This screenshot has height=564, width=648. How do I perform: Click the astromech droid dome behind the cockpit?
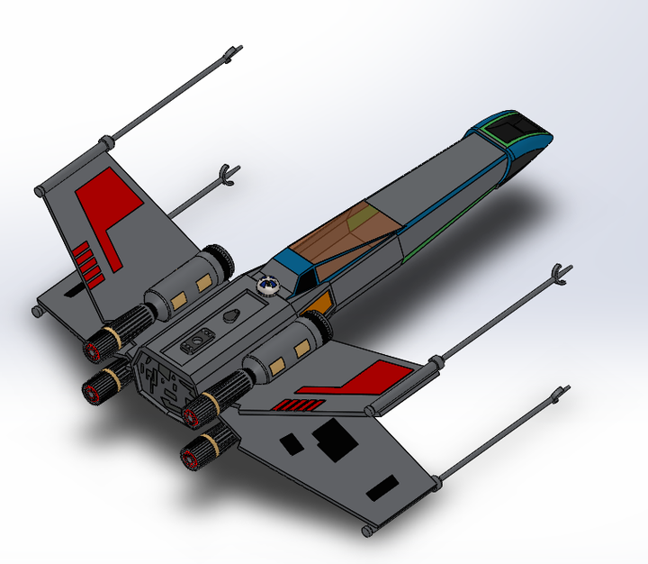coord(267,286)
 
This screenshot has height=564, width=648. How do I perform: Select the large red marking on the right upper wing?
coord(373,377)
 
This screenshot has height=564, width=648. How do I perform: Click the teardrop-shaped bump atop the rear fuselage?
coord(230,316)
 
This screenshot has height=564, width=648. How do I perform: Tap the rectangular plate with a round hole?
coord(197,342)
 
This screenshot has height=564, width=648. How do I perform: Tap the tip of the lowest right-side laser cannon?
coord(562,393)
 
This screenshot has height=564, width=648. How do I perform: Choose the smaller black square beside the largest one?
coord(292,442)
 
